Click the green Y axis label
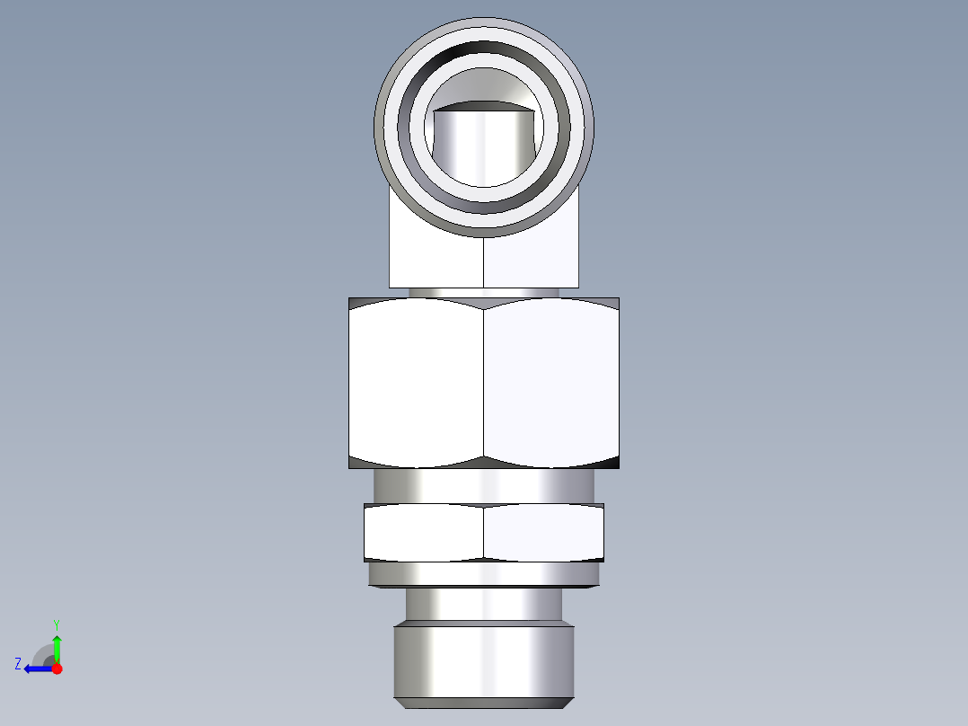56,624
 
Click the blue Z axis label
17,664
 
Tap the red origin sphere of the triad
57,668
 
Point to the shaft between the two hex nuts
484,486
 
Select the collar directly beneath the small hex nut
484,573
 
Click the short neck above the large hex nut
484,292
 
